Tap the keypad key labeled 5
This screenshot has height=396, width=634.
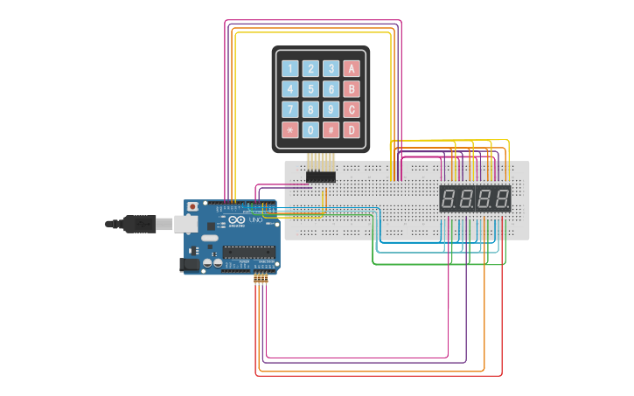pyautogui.click(x=310, y=88)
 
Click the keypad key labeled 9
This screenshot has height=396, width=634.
pyautogui.click(x=331, y=109)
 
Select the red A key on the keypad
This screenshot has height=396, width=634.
pyautogui.click(x=352, y=68)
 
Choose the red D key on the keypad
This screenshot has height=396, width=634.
pyautogui.click(x=352, y=130)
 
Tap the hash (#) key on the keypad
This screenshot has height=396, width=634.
pyautogui.click(x=331, y=130)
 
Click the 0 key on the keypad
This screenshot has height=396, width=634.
pyautogui.click(x=310, y=130)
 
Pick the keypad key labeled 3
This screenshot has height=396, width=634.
pyautogui.click(x=331, y=68)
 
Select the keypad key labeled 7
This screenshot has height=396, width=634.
pyautogui.click(x=289, y=109)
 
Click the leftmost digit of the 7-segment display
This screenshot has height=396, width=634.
pyautogui.click(x=448, y=198)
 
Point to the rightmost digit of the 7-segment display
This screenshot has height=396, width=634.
pyautogui.click(x=502, y=198)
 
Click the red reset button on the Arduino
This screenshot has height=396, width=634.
pyautogui.click(x=192, y=207)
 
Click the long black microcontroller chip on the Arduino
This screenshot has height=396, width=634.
pyautogui.click(x=247, y=252)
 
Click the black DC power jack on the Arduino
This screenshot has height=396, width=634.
pyautogui.click(x=189, y=263)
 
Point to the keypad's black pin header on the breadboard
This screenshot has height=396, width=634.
pyautogui.click(x=320, y=177)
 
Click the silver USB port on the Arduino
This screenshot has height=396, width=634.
pyautogui.click(x=185, y=224)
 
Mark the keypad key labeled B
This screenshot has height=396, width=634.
pyautogui.click(x=352, y=88)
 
